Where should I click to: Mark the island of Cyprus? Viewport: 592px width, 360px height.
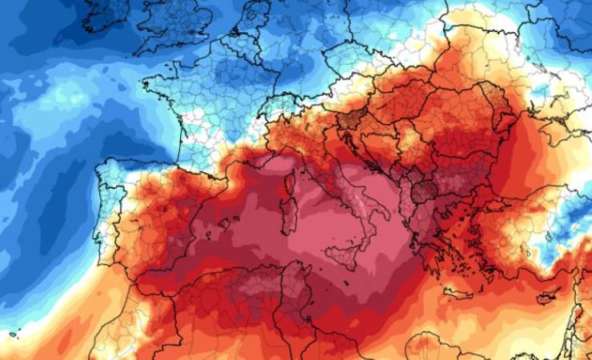547,298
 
